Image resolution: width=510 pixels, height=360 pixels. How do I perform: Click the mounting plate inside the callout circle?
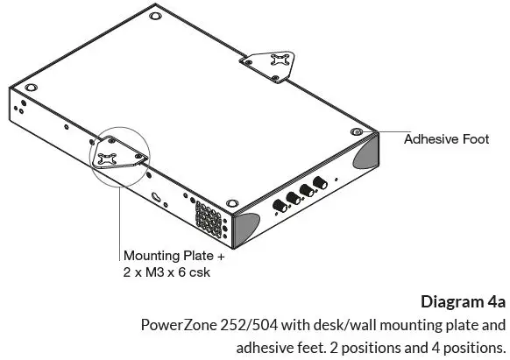(114, 156)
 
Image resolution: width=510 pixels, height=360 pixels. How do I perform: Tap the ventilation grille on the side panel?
(206, 215)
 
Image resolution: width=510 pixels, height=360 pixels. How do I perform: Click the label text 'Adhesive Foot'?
(445, 139)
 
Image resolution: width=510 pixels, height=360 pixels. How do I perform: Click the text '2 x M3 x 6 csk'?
(166, 272)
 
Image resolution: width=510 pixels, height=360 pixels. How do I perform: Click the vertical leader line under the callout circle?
(119, 219)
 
